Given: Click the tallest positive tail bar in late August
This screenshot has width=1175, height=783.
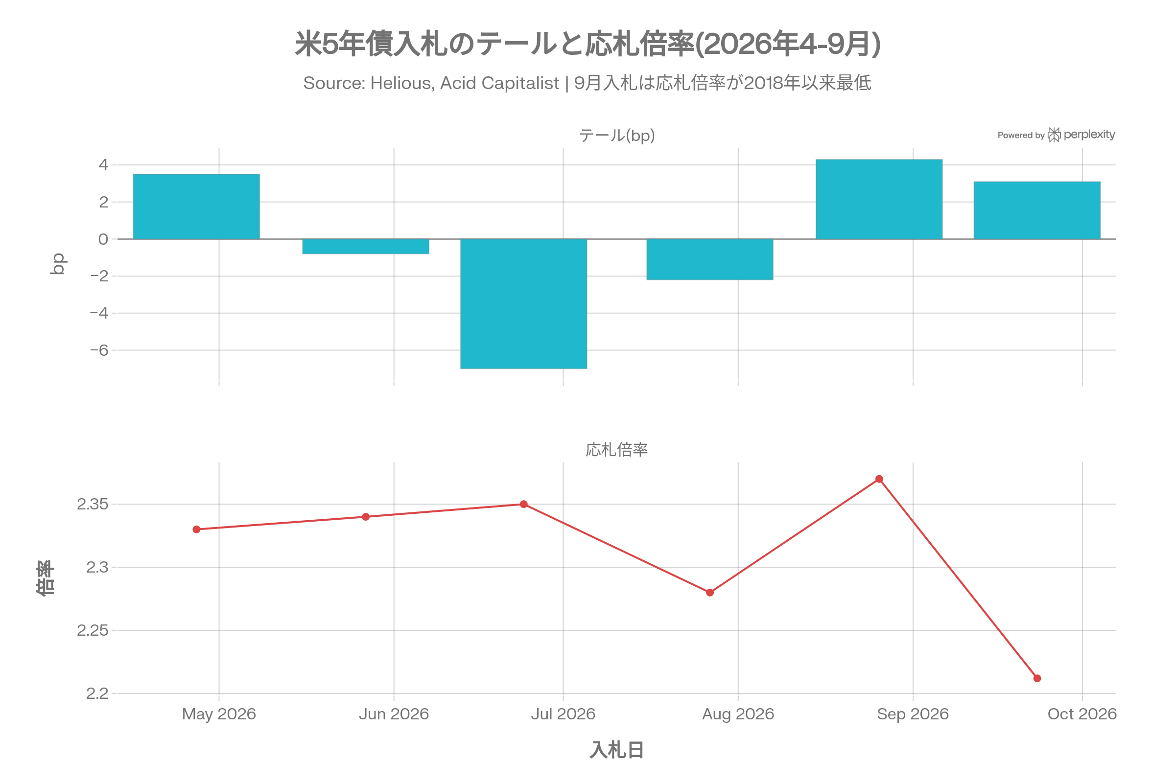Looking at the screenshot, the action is click(x=879, y=199).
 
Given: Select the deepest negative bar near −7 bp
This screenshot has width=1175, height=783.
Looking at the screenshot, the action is click(x=523, y=304).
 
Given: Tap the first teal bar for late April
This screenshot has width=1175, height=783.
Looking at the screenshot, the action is click(x=196, y=207).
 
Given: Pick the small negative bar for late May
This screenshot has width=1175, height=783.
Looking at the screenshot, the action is click(x=366, y=247).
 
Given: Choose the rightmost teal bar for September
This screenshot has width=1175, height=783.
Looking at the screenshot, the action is click(x=1037, y=210).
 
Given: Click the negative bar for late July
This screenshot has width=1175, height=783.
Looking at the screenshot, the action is click(x=710, y=260).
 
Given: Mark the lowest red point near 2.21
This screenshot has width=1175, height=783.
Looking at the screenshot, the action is click(x=1037, y=678).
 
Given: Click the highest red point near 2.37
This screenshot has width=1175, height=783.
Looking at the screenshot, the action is click(x=879, y=479).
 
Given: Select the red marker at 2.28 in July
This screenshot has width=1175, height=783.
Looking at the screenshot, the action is click(x=710, y=593).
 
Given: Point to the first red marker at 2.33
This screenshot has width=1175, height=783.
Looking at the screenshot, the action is click(x=196, y=530).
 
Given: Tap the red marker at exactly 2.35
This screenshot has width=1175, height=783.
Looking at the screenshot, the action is click(x=523, y=505).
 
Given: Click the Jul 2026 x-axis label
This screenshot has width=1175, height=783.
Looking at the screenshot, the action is click(x=563, y=714).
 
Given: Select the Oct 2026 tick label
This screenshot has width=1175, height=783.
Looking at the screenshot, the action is click(x=1082, y=714).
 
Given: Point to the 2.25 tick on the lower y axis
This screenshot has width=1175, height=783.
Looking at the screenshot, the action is click(x=93, y=630).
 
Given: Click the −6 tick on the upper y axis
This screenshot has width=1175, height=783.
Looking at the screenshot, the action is click(x=99, y=350).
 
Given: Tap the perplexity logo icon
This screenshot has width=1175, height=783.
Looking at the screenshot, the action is click(x=1054, y=134).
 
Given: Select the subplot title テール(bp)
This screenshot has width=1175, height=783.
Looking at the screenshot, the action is click(x=617, y=136).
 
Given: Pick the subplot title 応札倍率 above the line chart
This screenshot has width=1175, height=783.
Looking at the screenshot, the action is click(x=617, y=449).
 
